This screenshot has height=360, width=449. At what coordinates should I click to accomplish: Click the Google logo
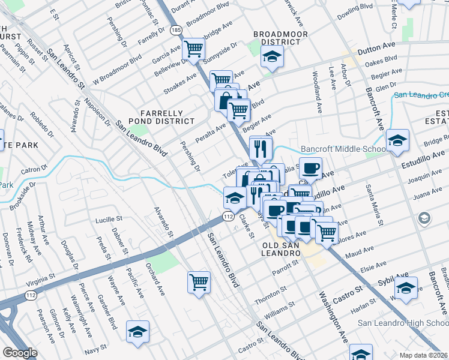click(20, 353)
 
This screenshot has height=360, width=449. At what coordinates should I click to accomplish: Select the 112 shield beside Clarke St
click(228, 216)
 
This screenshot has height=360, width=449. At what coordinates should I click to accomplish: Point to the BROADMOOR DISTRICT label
click(276, 38)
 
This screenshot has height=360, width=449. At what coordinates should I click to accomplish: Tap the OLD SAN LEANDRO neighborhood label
click(281, 250)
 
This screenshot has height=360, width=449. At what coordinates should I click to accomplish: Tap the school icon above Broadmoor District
click(272, 57)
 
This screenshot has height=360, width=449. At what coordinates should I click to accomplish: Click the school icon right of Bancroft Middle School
click(397, 140)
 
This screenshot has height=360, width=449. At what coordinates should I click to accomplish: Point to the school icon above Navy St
click(137, 331)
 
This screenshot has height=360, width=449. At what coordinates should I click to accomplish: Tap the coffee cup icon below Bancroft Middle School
click(310, 168)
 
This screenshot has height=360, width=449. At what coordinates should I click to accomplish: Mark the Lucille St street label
click(109, 220)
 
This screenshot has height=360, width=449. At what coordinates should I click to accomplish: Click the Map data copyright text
click(424, 355)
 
